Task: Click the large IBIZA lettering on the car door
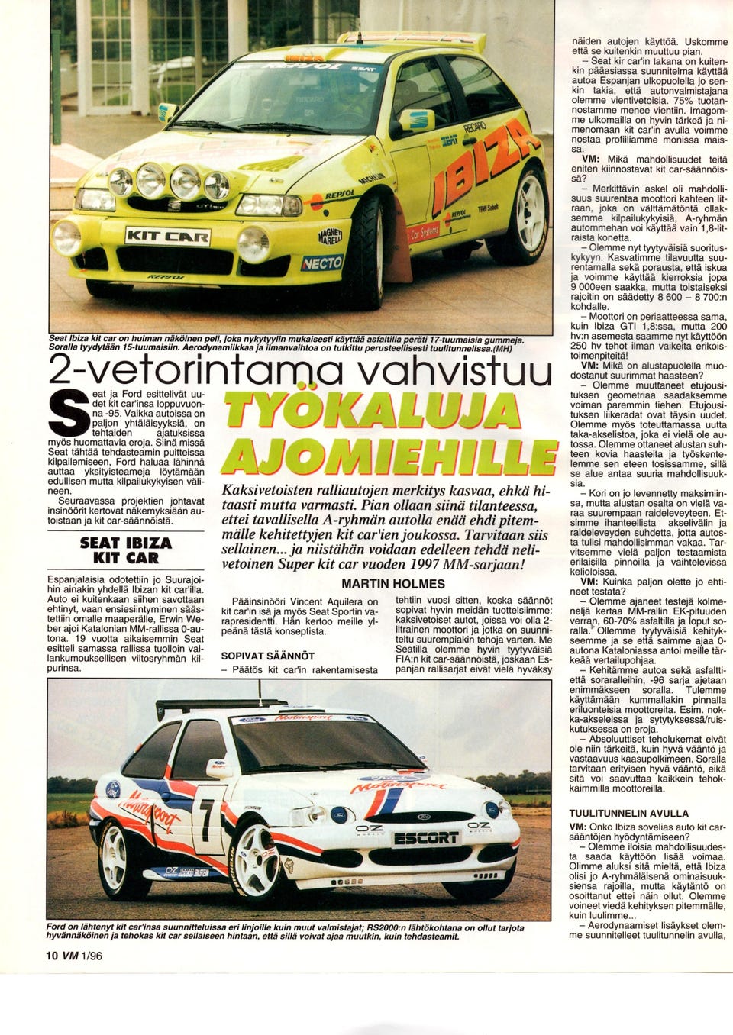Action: tap(478, 172)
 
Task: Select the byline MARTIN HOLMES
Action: tap(392, 584)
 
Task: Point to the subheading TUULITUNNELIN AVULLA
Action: tap(628, 814)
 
